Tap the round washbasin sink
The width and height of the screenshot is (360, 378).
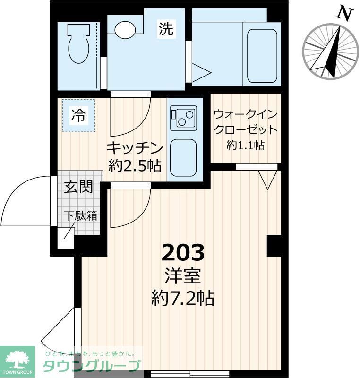point(125,30)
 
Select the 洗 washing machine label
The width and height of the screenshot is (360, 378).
point(165,30)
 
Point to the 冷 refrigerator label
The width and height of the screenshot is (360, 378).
point(78,115)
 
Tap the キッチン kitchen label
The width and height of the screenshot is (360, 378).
point(135,147)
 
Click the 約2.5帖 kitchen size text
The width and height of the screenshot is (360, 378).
point(135,165)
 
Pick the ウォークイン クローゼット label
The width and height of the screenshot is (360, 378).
point(245,122)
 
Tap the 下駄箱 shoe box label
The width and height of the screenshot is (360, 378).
point(80,216)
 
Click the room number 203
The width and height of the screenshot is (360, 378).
point(183,253)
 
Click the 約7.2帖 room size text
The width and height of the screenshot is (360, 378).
point(183,298)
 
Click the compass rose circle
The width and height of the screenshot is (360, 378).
point(331,51)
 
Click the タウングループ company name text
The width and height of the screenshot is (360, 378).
point(92,366)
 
